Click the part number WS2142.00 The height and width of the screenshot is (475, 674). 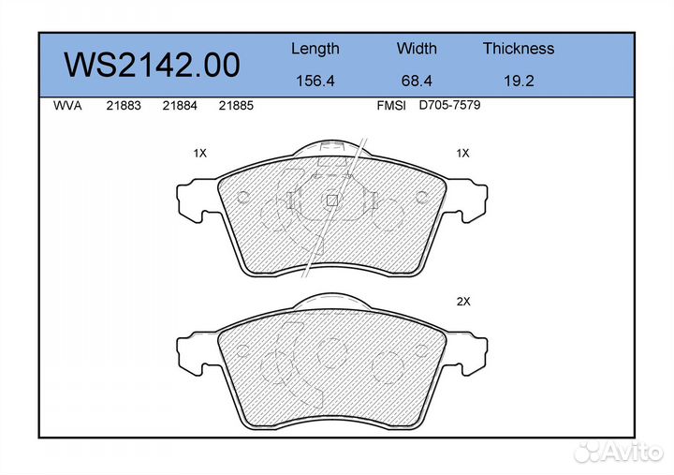[152, 65]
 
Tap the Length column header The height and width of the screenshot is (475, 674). [315, 50]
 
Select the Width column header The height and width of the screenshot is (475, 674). [417, 48]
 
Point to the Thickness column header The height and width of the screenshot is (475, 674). [519, 48]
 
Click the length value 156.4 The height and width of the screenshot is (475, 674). [315, 81]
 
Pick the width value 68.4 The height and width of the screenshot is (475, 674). [417, 81]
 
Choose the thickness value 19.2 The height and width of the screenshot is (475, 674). [519, 81]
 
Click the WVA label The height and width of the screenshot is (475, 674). [67, 106]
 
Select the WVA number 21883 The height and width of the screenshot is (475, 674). [124, 106]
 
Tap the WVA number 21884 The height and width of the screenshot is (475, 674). [180, 106]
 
